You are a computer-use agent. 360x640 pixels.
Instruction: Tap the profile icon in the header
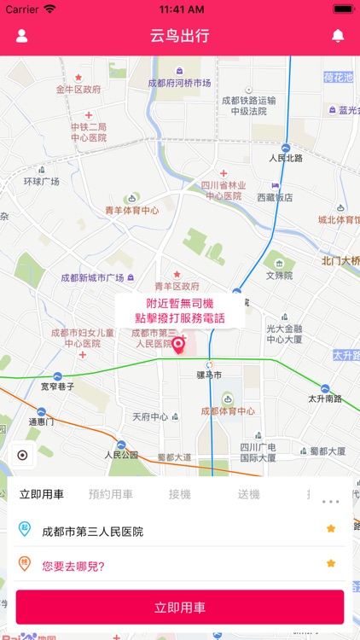pyautogui.click(x=22, y=36)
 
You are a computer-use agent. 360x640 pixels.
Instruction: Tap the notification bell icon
pyautogui.click(x=338, y=36)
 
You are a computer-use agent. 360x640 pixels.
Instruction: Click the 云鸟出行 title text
pyautogui.click(x=179, y=36)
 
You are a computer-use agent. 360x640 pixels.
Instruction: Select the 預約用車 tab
pyautogui.click(x=111, y=494)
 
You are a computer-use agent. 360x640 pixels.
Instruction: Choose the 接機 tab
pyautogui.click(x=179, y=494)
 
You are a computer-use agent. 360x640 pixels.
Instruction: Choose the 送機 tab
pyautogui.click(x=248, y=494)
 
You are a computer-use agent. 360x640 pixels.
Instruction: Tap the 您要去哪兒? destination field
pyautogui.click(x=73, y=564)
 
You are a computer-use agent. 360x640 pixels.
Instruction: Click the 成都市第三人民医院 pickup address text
pyautogui.click(x=93, y=531)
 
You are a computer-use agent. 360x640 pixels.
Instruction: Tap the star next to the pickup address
pyautogui.click(x=331, y=529)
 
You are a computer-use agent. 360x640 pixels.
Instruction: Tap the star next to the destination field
pyautogui.click(x=331, y=563)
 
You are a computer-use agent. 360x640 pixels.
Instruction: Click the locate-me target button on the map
pyautogui.click(x=22, y=455)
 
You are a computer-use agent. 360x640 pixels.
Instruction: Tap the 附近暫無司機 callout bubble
pyautogui.click(x=179, y=311)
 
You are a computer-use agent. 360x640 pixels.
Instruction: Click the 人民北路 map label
pyautogui.click(x=286, y=158)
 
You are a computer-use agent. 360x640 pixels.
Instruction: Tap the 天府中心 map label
pyautogui.click(x=150, y=416)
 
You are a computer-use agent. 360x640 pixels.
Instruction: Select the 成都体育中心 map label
pyautogui.click(x=228, y=410)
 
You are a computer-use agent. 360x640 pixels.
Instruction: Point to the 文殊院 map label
pyautogui.click(x=279, y=276)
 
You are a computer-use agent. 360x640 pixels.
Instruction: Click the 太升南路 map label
pyautogui.click(x=325, y=399)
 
